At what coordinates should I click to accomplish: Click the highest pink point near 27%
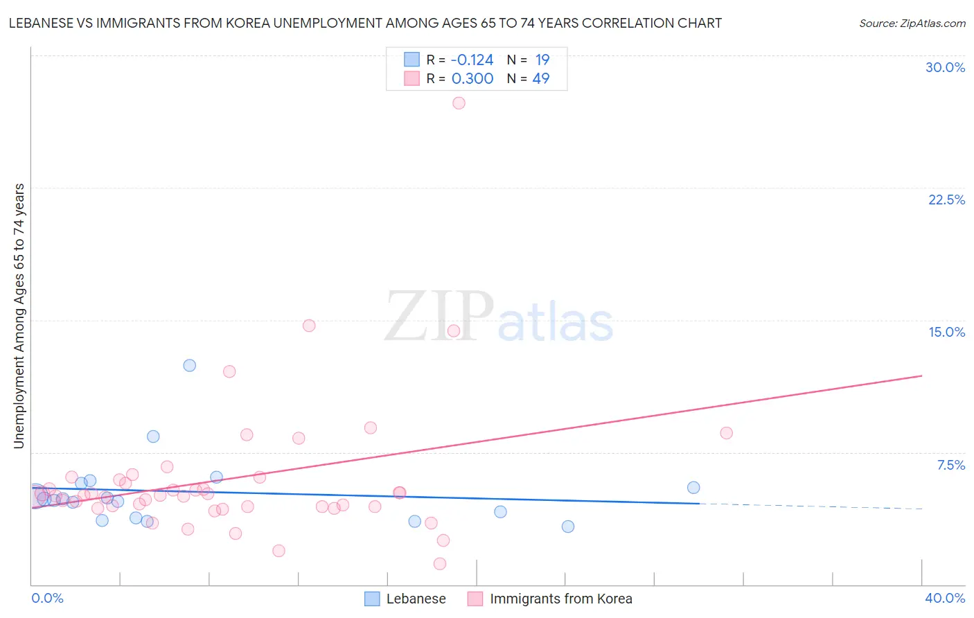click(x=459, y=103)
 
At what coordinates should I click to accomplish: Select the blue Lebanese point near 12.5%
click(x=189, y=365)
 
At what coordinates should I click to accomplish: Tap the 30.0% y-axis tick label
click(x=945, y=67)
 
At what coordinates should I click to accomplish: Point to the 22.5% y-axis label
click(x=946, y=200)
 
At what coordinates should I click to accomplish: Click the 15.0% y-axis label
click(x=946, y=332)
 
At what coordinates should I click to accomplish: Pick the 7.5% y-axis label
click(x=950, y=465)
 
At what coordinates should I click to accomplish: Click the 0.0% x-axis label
click(x=47, y=598)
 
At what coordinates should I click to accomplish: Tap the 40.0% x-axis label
click(x=945, y=598)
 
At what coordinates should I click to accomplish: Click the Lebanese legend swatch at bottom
click(x=372, y=599)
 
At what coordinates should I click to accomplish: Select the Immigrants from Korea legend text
click(x=560, y=599)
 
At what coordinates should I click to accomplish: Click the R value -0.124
click(x=472, y=60)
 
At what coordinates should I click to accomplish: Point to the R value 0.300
click(x=472, y=79)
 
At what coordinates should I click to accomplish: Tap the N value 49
click(x=540, y=79)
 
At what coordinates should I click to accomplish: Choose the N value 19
click(x=542, y=60)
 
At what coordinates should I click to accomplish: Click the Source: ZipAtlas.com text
click(x=912, y=24)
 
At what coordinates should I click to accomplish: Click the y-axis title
click(x=19, y=316)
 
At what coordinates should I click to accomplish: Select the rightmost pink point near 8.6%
click(x=726, y=433)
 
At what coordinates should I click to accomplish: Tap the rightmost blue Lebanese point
click(x=693, y=488)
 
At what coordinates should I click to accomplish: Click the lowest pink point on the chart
click(x=439, y=564)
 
